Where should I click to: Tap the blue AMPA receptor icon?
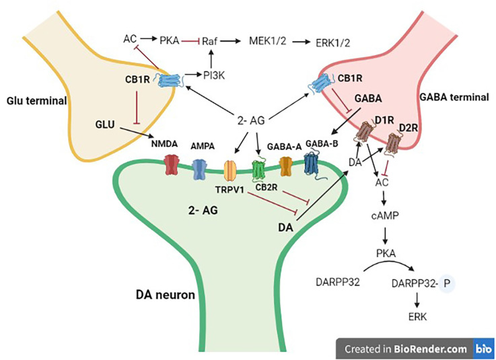click(199, 169)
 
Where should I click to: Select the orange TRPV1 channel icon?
click(230, 172)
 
